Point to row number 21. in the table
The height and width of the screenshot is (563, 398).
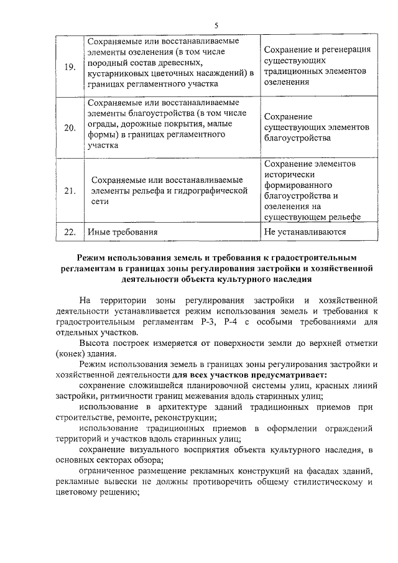tap(70, 190)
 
